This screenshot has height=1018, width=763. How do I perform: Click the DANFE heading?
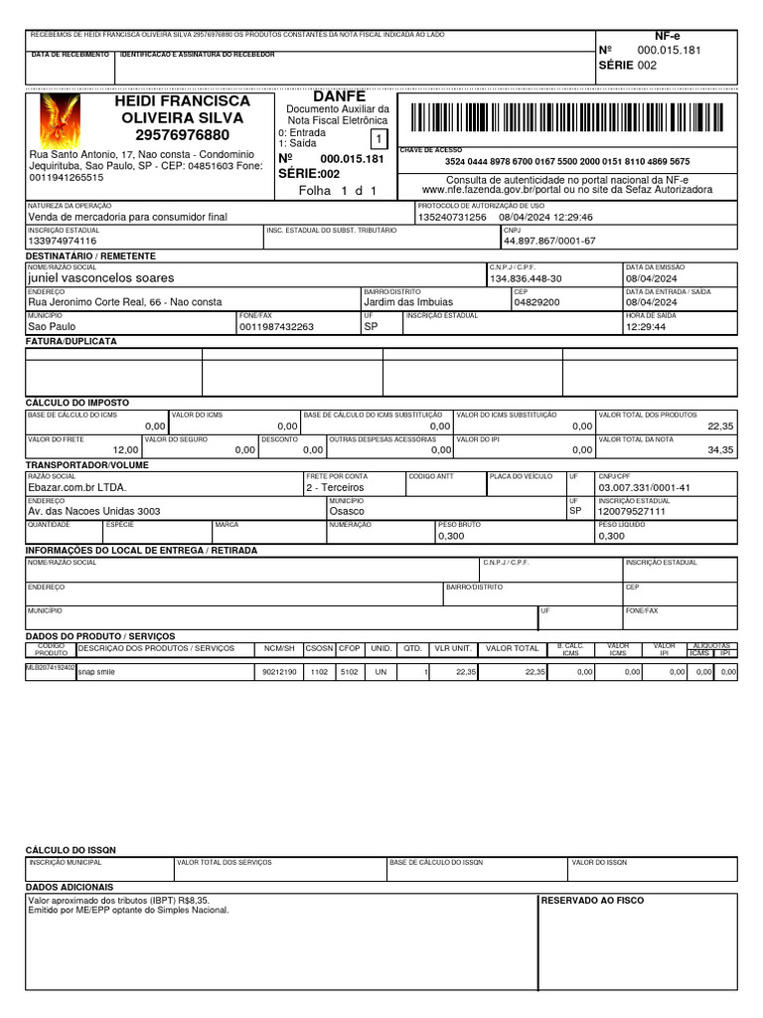click(x=339, y=96)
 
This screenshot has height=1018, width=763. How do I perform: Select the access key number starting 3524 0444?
click(x=566, y=161)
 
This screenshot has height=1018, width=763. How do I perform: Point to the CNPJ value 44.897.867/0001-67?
click(x=549, y=242)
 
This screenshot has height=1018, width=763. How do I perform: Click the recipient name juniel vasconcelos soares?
click(x=100, y=279)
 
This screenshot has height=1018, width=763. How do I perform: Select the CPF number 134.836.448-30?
click(x=526, y=279)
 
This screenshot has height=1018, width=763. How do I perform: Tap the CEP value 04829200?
click(x=537, y=302)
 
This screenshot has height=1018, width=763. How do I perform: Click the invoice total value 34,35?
click(x=720, y=450)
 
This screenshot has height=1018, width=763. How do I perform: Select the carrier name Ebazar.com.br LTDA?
click(x=77, y=488)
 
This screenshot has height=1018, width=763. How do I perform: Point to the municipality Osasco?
click(x=348, y=511)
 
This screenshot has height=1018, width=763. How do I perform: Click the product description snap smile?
click(x=96, y=673)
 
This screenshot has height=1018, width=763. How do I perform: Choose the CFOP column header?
click(x=350, y=648)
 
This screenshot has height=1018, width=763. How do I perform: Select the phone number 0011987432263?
click(x=276, y=326)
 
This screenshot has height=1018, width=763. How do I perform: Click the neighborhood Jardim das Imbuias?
click(x=407, y=302)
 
